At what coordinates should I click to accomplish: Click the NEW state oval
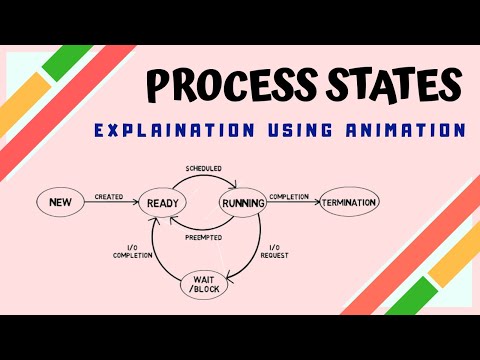click(x=59, y=203)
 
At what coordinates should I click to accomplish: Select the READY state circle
click(x=162, y=203)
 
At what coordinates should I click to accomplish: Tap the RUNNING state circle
click(x=242, y=203)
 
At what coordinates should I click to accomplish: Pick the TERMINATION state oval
click(x=349, y=203)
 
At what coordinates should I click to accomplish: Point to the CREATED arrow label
click(x=109, y=197)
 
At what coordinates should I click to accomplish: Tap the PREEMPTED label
click(x=203, y=237)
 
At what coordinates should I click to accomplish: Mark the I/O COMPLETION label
click(x=133, y=252)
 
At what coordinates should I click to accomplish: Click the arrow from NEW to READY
click(x=109, y=204)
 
